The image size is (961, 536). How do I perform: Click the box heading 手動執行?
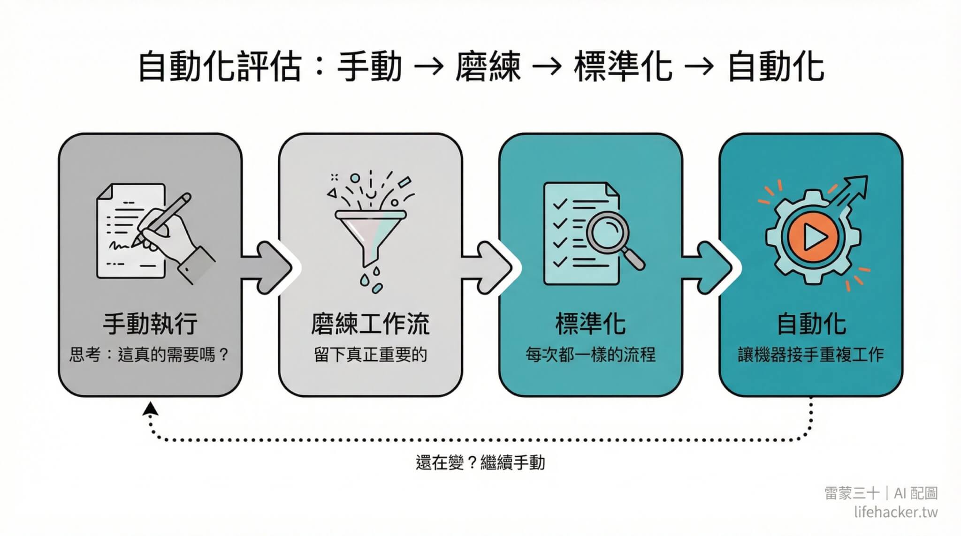click(150, 324)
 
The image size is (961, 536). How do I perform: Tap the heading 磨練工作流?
click(370, 324)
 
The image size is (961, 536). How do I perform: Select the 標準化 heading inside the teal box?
click(590, 324)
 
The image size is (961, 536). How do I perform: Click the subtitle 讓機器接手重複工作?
click(811, 355)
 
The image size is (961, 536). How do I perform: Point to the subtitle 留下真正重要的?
click(370, 355)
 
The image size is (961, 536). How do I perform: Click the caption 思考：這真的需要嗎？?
click(149, 355)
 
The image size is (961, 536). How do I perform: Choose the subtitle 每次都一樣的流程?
click(590, 355)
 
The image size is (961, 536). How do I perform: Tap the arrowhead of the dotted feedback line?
click(150, 409)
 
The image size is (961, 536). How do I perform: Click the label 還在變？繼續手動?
click(480, 463)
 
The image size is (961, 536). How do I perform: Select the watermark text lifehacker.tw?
click(895, 512)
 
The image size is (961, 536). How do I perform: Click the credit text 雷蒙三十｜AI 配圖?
click(881, 493)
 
